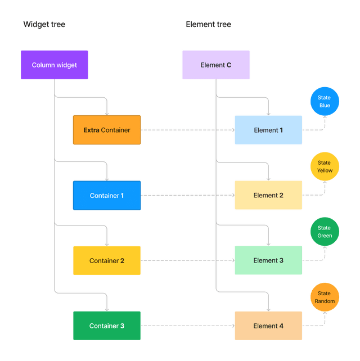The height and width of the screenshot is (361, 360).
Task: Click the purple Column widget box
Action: click(x=55, y=65)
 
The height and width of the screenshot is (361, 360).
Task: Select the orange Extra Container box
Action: click(x=107, y=130)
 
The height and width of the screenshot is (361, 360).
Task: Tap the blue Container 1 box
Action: click(x=107, y=196)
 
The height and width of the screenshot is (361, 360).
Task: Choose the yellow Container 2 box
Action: click(x=107, y=261)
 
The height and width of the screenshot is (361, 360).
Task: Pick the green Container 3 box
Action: click(x=107, y=326)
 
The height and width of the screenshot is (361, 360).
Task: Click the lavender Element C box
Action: click(x=216, y=65)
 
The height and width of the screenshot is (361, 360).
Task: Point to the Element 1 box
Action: click(x=268, y=130)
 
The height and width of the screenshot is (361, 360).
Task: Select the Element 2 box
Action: click(x=268, y=196)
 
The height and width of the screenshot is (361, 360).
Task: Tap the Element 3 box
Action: click(x=268, y=261)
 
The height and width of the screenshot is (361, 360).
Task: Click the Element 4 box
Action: click(x=268, y=326)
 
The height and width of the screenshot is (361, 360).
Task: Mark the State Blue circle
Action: click(x=325, y=101)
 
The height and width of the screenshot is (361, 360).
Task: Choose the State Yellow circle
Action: click(x=325, y=166)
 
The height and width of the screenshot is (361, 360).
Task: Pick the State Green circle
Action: click(x=325, y=232)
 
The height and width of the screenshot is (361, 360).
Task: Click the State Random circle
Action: click(x=325, y=297)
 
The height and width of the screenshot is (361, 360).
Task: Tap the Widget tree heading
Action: click(x=43, y=24)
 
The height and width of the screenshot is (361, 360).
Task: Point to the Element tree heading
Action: click(x=208, y=24)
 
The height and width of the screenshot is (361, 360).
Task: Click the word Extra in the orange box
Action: click(x=91, y=130)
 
